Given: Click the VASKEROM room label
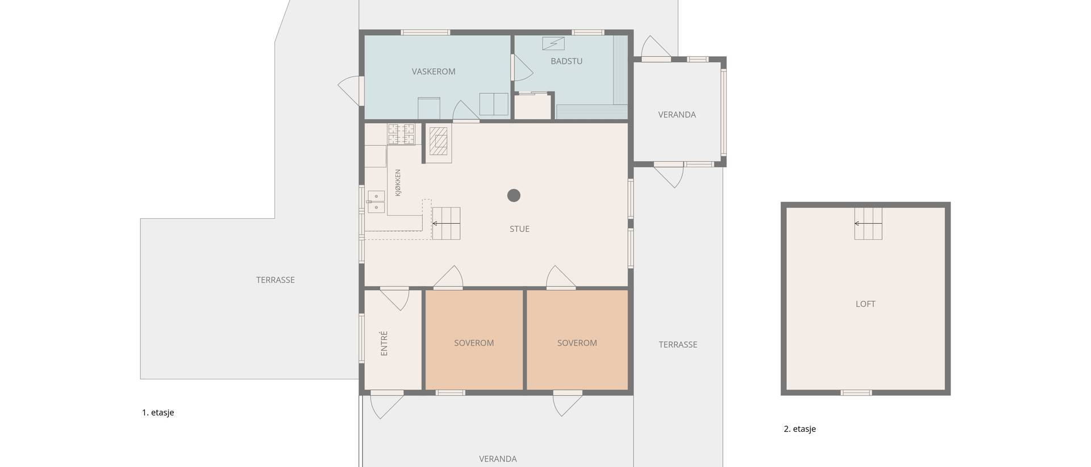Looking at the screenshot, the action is (x=434, y=72).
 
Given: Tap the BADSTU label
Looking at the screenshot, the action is (x=567, y=61).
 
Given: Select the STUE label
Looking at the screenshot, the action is (x=519, y=229).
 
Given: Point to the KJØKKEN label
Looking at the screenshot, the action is (x=398, y=183).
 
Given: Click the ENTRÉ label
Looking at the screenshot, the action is (x=384, y=343).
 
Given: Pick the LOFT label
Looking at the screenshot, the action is (x=865, y=304).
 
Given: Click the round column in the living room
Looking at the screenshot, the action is (x=514, y=195).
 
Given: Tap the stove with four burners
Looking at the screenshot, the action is (x=402, y=134).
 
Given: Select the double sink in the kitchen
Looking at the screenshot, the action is (x=376, y=202).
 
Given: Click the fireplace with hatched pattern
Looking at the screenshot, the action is (x=439, y=141).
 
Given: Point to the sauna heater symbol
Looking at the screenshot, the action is (x=553, y=43).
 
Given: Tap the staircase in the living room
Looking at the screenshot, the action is (x=446, y=223).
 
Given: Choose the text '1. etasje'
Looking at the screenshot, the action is (x=158, y=412).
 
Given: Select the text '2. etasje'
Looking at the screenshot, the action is (x=799, y=429).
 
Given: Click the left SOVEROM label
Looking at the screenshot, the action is (x=474, y=343).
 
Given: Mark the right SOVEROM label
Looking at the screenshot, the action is (x=577, y=343).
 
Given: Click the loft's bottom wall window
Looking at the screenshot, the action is (x=856, y=392).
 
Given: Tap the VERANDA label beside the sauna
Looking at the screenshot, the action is (x=677, y=115).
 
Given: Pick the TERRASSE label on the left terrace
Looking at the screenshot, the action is (x=275, y=280).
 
